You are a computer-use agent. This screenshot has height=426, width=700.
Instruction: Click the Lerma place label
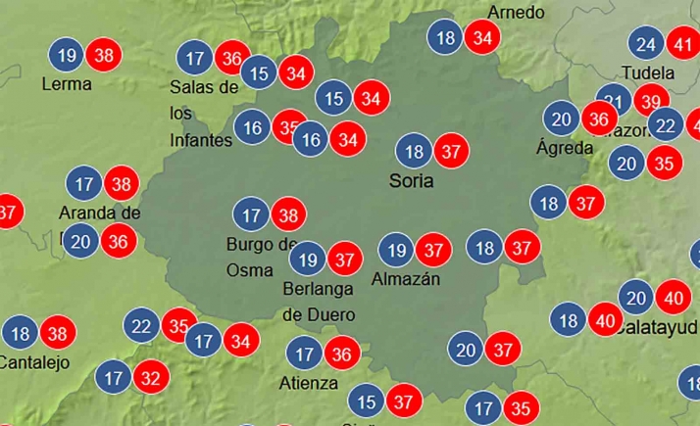coord(67,84)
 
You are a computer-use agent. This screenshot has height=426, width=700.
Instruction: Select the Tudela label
coord(648,73)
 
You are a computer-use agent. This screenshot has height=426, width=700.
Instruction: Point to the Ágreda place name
coord(565,148)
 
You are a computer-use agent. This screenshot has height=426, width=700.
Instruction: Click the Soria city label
coord(411,180)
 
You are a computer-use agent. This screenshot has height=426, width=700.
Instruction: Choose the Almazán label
coord(406,279)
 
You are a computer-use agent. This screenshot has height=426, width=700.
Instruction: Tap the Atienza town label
coord(308,383)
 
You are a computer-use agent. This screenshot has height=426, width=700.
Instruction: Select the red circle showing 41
coord(683,44)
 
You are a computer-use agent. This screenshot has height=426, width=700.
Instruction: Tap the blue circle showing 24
coord(646,44)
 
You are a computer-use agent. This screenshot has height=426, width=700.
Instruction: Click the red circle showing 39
coord(647,101)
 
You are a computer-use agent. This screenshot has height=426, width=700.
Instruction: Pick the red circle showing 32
coord(151,376)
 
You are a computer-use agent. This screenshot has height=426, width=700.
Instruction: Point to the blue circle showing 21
coord(613,103)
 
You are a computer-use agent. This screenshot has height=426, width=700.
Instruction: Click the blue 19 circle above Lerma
coord(67,56)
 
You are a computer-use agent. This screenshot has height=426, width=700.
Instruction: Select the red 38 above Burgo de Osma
coord(288,214)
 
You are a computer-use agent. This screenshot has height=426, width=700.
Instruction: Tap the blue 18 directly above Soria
coord(414,152)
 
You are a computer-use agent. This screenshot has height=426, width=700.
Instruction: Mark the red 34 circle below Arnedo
coord(482,38)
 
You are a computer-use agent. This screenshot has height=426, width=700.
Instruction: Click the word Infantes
coord(201,140)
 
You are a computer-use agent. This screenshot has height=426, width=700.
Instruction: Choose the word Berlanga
coord(318,290)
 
